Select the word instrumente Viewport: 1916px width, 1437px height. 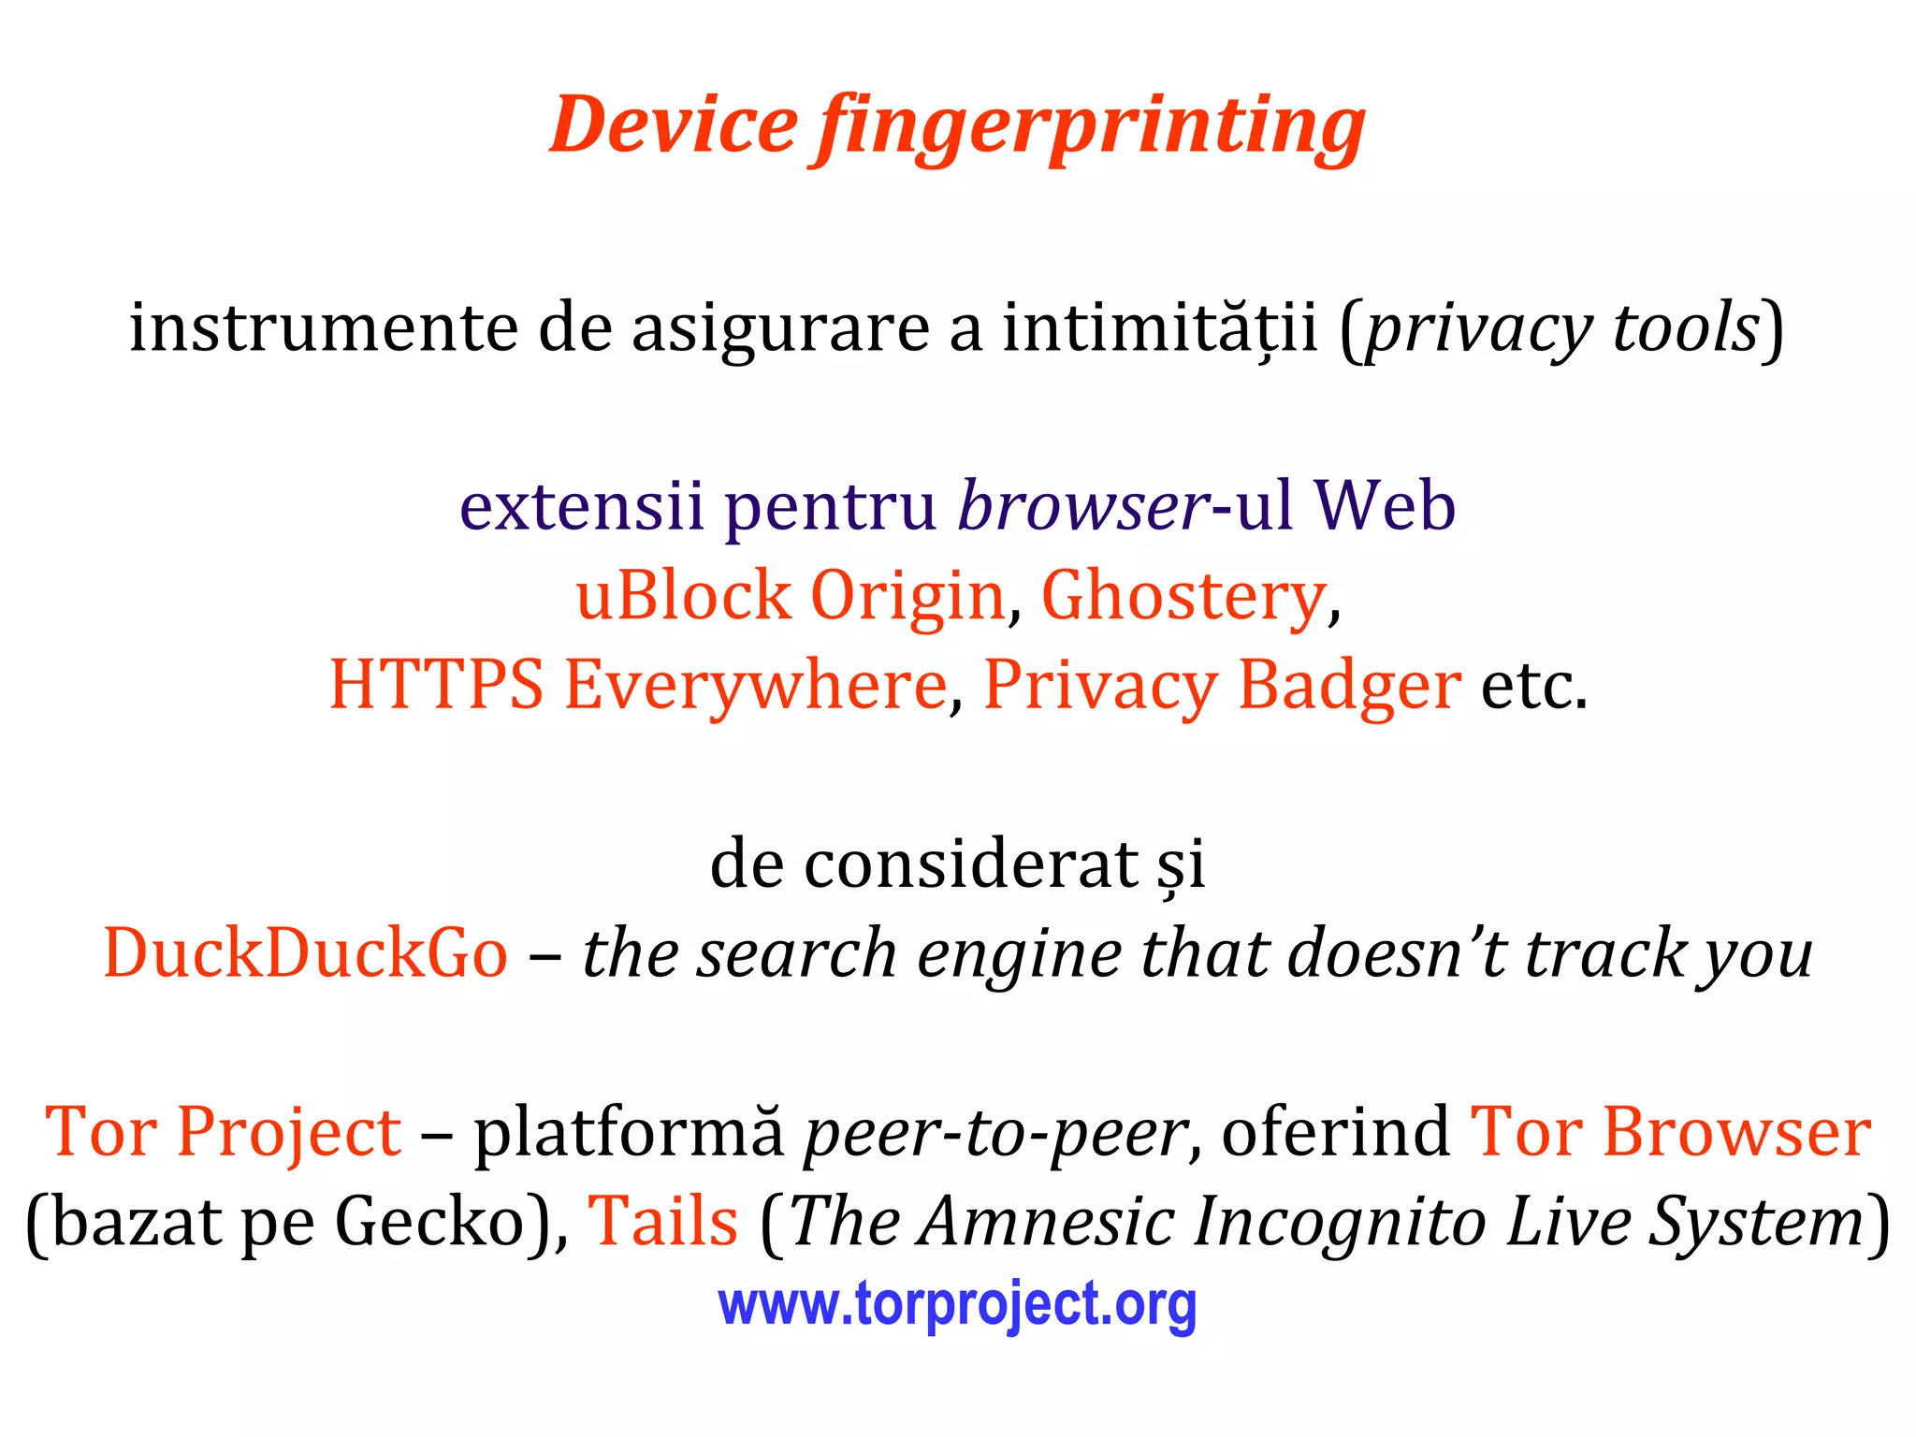point(323,327)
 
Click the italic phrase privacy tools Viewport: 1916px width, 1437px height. point(1561,327)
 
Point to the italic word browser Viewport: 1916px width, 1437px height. point(1082,505)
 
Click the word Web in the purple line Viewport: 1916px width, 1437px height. point(1385,505)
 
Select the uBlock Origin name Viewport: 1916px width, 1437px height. point(790,595)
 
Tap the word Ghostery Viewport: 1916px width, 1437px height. point(1183,595)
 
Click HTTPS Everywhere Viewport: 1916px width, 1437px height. point(638,685)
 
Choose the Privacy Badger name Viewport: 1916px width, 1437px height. point(1222,685)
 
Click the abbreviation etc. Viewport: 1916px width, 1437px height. point(1533,685)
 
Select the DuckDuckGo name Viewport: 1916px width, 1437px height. point(306,952)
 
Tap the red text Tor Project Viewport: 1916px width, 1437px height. point(224,1132)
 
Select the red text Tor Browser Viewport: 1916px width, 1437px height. point(1670,1132)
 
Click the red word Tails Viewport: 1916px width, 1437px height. point(662,1222)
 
